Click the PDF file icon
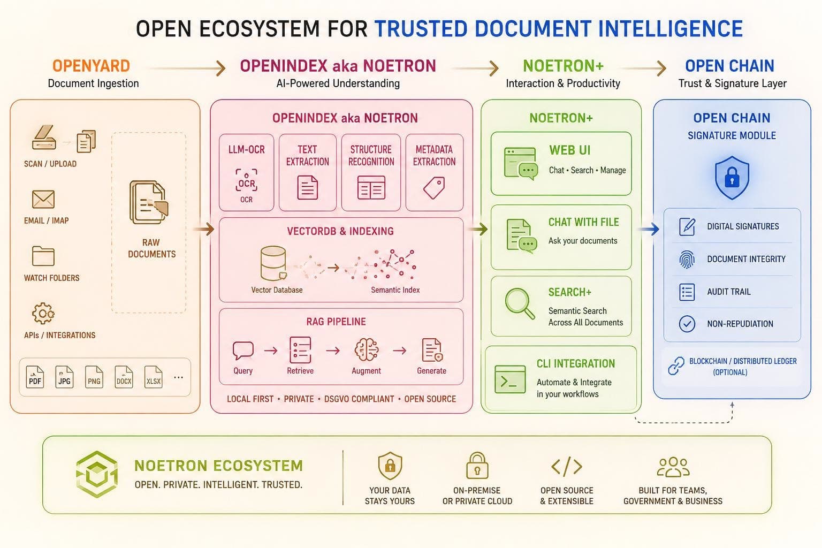35,377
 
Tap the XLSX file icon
153,377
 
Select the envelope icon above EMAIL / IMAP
43,199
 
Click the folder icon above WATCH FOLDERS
43,256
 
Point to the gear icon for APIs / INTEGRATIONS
43,313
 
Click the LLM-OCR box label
246,149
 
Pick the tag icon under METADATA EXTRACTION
434,187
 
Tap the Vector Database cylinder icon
273,263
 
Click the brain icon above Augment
367,350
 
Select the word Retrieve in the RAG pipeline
300,371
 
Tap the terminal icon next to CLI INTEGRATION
510,379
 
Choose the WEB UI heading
570,150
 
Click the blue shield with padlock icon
732,178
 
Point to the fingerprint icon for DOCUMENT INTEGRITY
687,259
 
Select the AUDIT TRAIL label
729,292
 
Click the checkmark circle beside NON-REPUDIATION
687,324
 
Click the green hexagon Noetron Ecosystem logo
97,474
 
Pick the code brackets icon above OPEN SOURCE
567,466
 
